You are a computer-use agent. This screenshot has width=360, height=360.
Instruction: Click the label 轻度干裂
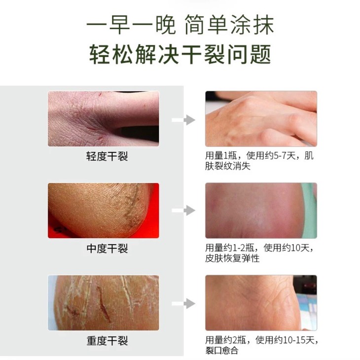click(x=107, y=157)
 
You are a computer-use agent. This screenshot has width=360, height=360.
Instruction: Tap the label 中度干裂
click(x=107, y=249)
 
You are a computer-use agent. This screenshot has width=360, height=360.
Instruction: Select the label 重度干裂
click(x=107, y=341)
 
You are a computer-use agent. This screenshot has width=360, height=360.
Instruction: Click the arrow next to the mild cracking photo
click(x=183, y=120)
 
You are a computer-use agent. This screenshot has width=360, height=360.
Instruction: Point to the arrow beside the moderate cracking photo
click(x=183, y=211)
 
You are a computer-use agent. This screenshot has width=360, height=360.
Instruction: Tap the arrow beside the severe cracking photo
click(x=183, y=303)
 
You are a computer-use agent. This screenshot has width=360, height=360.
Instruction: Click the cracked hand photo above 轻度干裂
click(x=104, y=119)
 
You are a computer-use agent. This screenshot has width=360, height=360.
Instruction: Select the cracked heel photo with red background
click(x=104, y=211)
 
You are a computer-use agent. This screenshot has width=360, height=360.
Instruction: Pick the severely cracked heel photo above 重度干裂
click(x=104, y=303)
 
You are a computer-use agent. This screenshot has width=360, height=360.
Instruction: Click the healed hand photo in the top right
click(x=261, y=119)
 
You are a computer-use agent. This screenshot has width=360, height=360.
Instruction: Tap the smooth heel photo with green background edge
click(x=261, y=211)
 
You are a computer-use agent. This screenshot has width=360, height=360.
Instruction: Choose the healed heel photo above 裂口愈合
click(x=261, y=303)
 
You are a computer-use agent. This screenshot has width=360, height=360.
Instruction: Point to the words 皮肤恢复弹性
click(x=232, y=258)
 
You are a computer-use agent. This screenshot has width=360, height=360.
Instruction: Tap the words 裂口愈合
click(x=222, y=351)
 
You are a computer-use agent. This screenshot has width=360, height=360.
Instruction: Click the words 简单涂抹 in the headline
click(x=229, y=25)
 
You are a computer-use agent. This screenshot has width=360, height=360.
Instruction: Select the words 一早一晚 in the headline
click(x=131, y=25)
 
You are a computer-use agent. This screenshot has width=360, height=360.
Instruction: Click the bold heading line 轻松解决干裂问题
click(x=180, y=54)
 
